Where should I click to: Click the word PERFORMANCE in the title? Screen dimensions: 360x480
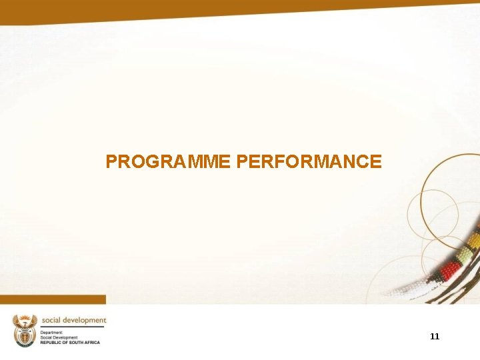309,162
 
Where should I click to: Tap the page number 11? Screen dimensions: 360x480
435,337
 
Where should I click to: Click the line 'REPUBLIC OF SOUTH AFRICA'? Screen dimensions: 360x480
70,342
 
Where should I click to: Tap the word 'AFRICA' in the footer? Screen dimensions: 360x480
91,342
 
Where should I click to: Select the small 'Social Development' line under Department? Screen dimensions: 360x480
59,337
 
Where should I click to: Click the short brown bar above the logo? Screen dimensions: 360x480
53,299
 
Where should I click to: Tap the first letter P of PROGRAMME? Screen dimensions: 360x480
111,162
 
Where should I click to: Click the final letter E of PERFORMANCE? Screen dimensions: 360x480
377,162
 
